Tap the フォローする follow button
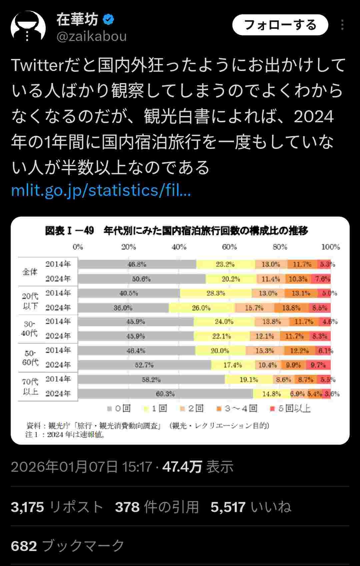[280, 25]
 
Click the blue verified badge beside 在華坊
[108, 19]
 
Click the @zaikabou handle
[92, 36]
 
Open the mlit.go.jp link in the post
[101, 190]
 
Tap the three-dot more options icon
[342, 25]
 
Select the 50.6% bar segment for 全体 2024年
[142, 279]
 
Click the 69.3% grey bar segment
[165, 394]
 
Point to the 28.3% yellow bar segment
[216, 293]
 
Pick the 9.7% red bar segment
[318, 365]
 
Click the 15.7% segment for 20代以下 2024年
[254, 308]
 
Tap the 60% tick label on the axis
[229, 247]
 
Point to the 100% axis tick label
[330, 247]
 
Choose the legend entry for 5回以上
[290, 408]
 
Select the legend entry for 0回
[119, 408]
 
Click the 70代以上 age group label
[30, 386]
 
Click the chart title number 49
[89, 231]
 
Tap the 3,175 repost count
[27, 507]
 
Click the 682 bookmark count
[24, 546]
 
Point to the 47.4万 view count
[182, 467]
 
